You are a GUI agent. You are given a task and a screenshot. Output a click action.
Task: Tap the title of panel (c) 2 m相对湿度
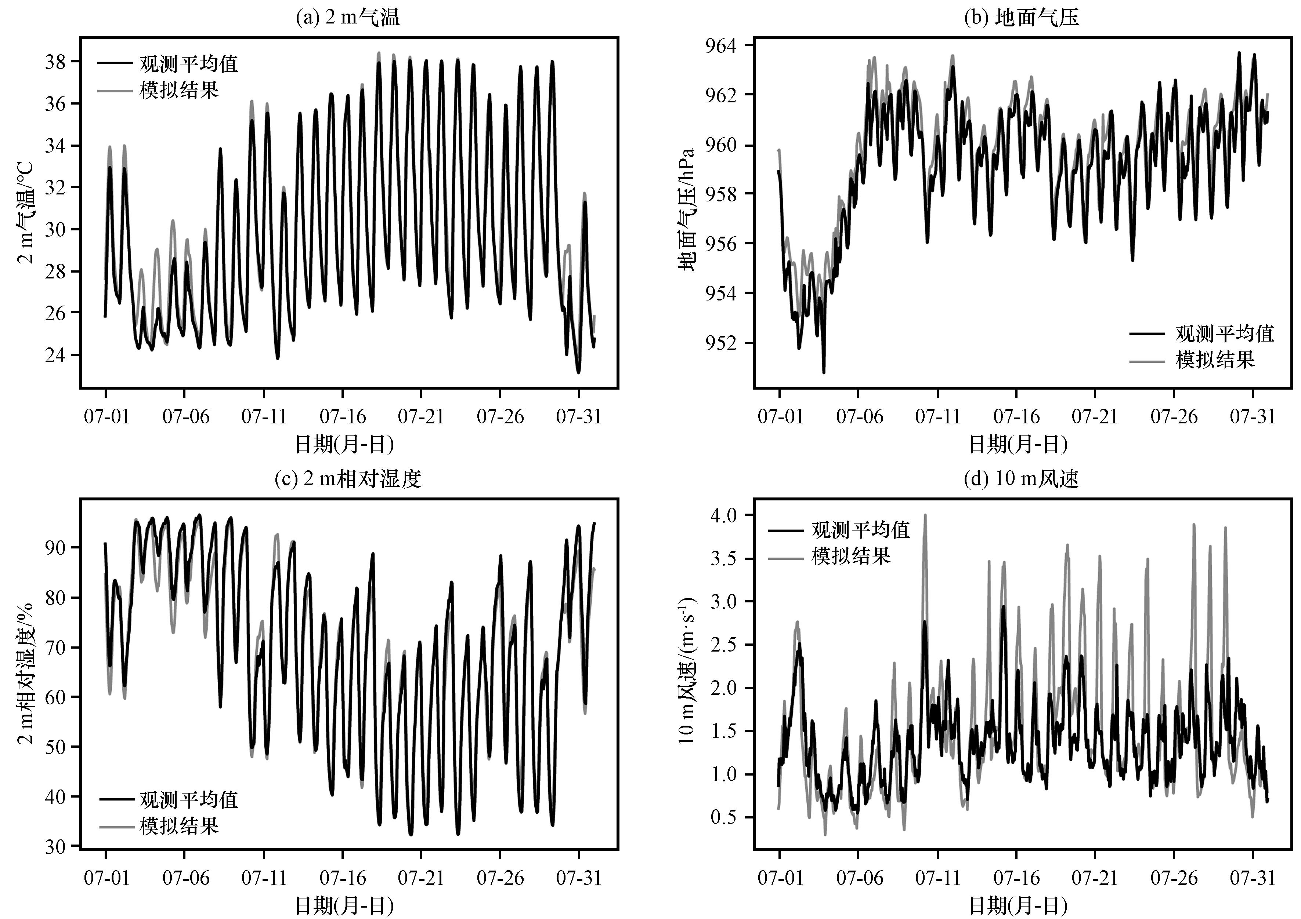click(348, 479)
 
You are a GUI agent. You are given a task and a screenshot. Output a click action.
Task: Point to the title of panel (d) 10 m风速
click(1021, 479)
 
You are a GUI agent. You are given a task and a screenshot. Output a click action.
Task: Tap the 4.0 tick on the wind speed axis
click(725, 515)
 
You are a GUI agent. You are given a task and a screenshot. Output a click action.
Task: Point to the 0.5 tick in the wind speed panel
click(725, 818)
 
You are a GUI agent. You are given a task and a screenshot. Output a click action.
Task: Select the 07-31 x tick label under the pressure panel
click(1252, 417)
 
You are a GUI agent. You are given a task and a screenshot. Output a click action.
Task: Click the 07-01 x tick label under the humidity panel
click(106, 878)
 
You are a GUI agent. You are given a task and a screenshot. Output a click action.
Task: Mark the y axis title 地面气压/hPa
click(687, 209)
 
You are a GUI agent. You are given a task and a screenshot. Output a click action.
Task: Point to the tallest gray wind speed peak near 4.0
click(925, 516)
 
